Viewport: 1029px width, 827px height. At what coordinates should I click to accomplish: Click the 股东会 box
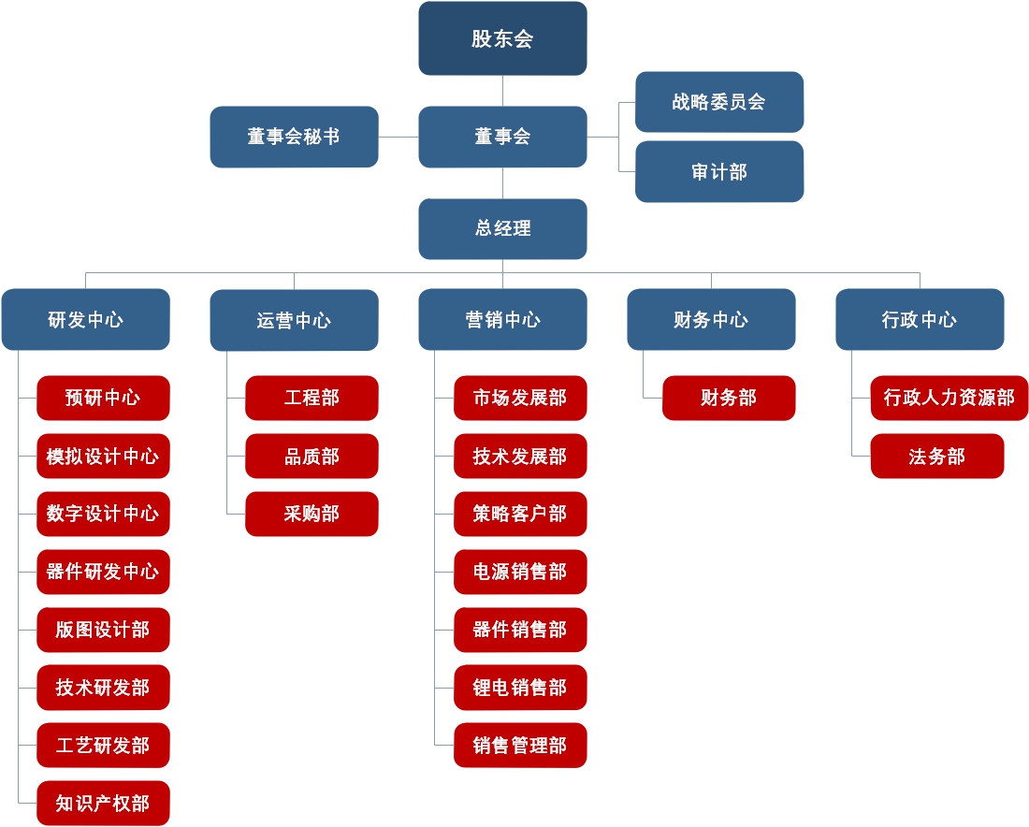pyautogui.click(x=502, y=38)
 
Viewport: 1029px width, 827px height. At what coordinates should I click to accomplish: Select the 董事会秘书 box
pyautogui.click(x=294, y=137)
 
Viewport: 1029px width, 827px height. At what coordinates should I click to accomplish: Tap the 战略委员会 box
pyautogui.click(x=718, y=102)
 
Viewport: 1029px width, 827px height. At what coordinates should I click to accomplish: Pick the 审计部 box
pyautogui.click(x=718, y=172)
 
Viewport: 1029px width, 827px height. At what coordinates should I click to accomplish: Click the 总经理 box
pyautogui.click(x=502, y=228)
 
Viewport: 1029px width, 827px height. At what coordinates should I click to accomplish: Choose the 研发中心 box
pyautogui.click(x=85, y=320)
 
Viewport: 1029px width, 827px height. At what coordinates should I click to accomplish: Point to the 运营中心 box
pyautogui.click(x=294, y=320)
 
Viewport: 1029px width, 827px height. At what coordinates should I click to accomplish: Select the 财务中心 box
pyautogui.click(x=711, y=320)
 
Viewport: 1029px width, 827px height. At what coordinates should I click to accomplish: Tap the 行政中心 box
pyautogui.click(x=920, y=320)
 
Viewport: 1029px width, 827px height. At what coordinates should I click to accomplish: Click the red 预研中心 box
pyautogui.click(x=103, y=399)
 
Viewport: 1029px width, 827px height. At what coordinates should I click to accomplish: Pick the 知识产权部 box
pyautogui.click(x=103, y=803)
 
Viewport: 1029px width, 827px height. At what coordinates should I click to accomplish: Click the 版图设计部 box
pyautogui.click(x=103, y=630)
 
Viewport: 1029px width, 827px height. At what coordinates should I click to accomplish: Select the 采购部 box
pyautogui.click(x=312, y=514)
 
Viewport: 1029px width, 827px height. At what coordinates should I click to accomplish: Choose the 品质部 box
pyautogui.click(x=312, y=457)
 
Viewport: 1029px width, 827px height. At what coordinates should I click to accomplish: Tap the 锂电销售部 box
pyautogui.click(x=520, y=688)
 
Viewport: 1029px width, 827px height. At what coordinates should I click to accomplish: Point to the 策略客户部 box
pyautogui.click(x=520, y=514)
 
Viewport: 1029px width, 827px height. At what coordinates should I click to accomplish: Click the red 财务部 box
pyautogui.click(x=729, y=399)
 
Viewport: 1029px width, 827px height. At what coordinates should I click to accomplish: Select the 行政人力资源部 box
pyautogui.click(x=949, y=399)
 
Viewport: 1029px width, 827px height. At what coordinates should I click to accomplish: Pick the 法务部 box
pyautogui.click(x=936, y=457)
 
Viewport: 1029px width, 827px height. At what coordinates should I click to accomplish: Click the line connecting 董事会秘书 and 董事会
pyautogui.click(x=399, y=137)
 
